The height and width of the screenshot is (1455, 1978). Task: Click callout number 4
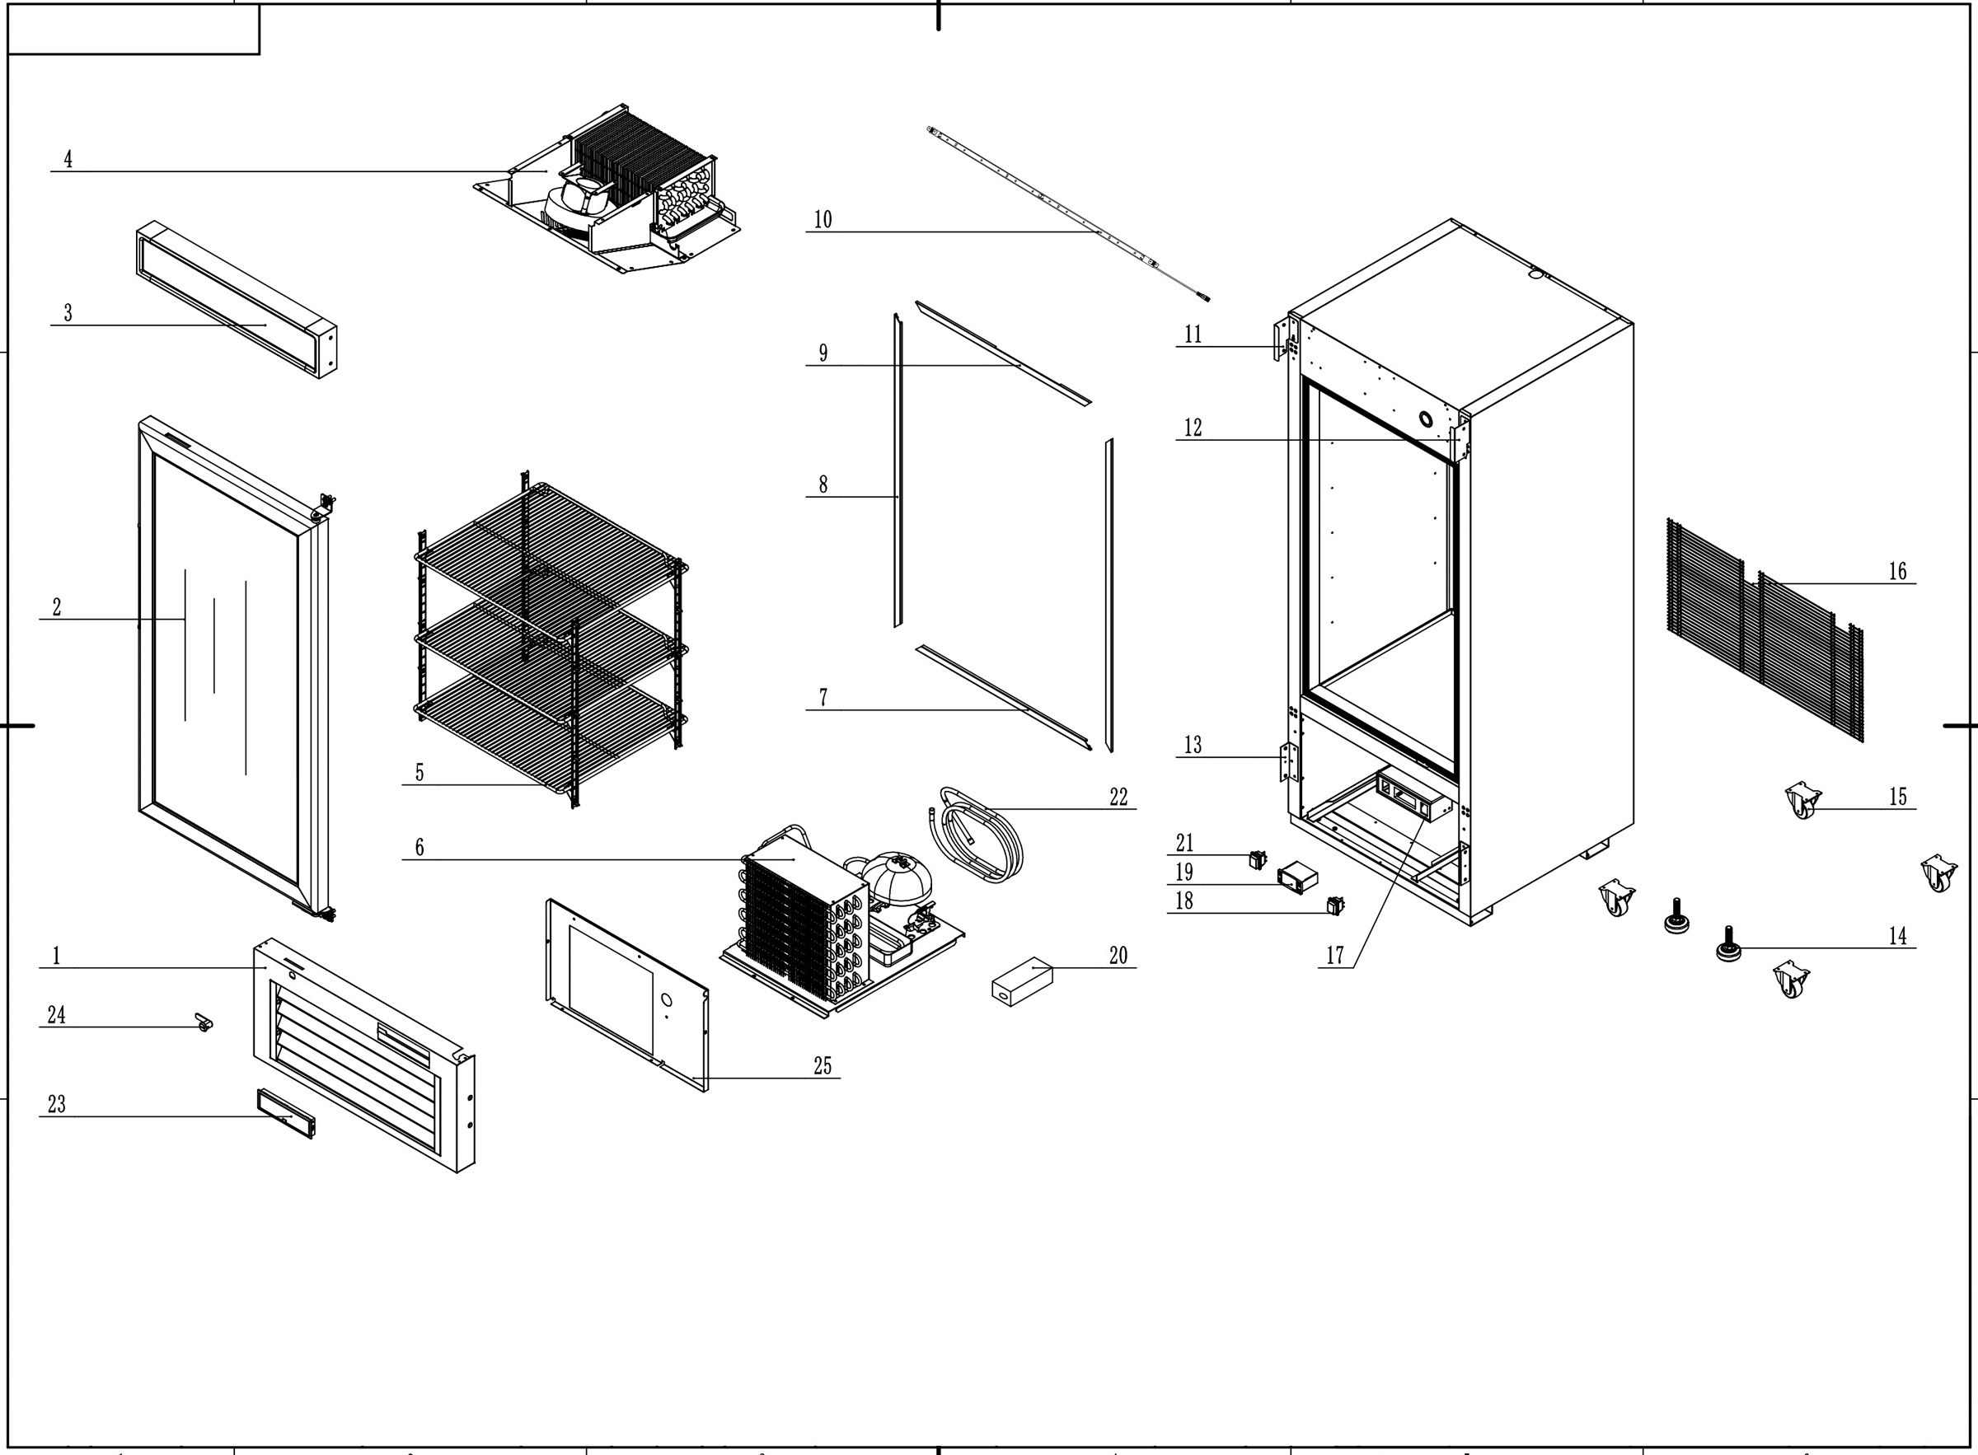[x=68, y=159]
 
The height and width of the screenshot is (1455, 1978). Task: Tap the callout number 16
[x=1897, y=572]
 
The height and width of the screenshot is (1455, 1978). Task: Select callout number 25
[x=822, y=1065]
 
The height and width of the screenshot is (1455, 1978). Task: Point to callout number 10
[x=822, y=219]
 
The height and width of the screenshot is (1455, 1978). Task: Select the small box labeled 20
[x=1021, y=981]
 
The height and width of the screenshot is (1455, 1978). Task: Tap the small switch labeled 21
[x=1258, y=858]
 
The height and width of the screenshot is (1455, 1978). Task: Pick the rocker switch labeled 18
[x=1335, y=905]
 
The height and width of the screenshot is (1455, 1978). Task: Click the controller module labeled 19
[x=1297, y=877]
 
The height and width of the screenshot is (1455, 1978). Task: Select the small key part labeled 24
[x=204, y=1022]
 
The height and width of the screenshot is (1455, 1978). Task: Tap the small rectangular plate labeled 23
[x=284, y=1113]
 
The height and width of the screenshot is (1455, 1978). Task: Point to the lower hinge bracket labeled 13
[x=1289, y=762]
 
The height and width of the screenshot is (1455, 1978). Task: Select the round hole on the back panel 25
[x=666, y=1000]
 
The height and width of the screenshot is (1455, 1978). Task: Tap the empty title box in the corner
[x=133, y=30]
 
